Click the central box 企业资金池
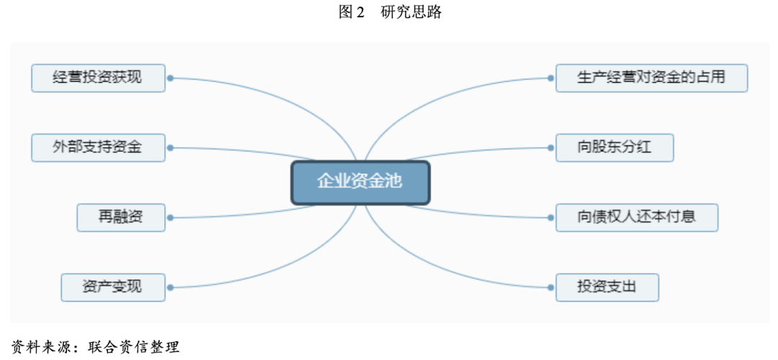click(x=360, y=181)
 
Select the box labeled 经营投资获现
click(x=98, y=78)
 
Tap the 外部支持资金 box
click(x=98, y=148)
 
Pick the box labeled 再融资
click(x=121, y=217)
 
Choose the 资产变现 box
click(x=113, y=287)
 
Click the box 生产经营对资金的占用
click(x=651, y=78)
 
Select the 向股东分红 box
click(x=614, y=148)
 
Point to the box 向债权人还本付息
click(x=637, y=217)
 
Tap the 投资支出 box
click(x=607, y=287)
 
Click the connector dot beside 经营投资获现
click(x=171, y=78)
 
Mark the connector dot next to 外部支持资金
click(x=171, y=148)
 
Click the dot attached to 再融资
click(x=171, y=217)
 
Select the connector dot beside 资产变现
click(x=171, y=287)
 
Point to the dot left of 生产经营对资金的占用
click(x=550, y=78)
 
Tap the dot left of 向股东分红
click(x=550, y=148)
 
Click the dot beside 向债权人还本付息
click(x=550, y=217)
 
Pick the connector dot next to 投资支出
click(x=550, y=287)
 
